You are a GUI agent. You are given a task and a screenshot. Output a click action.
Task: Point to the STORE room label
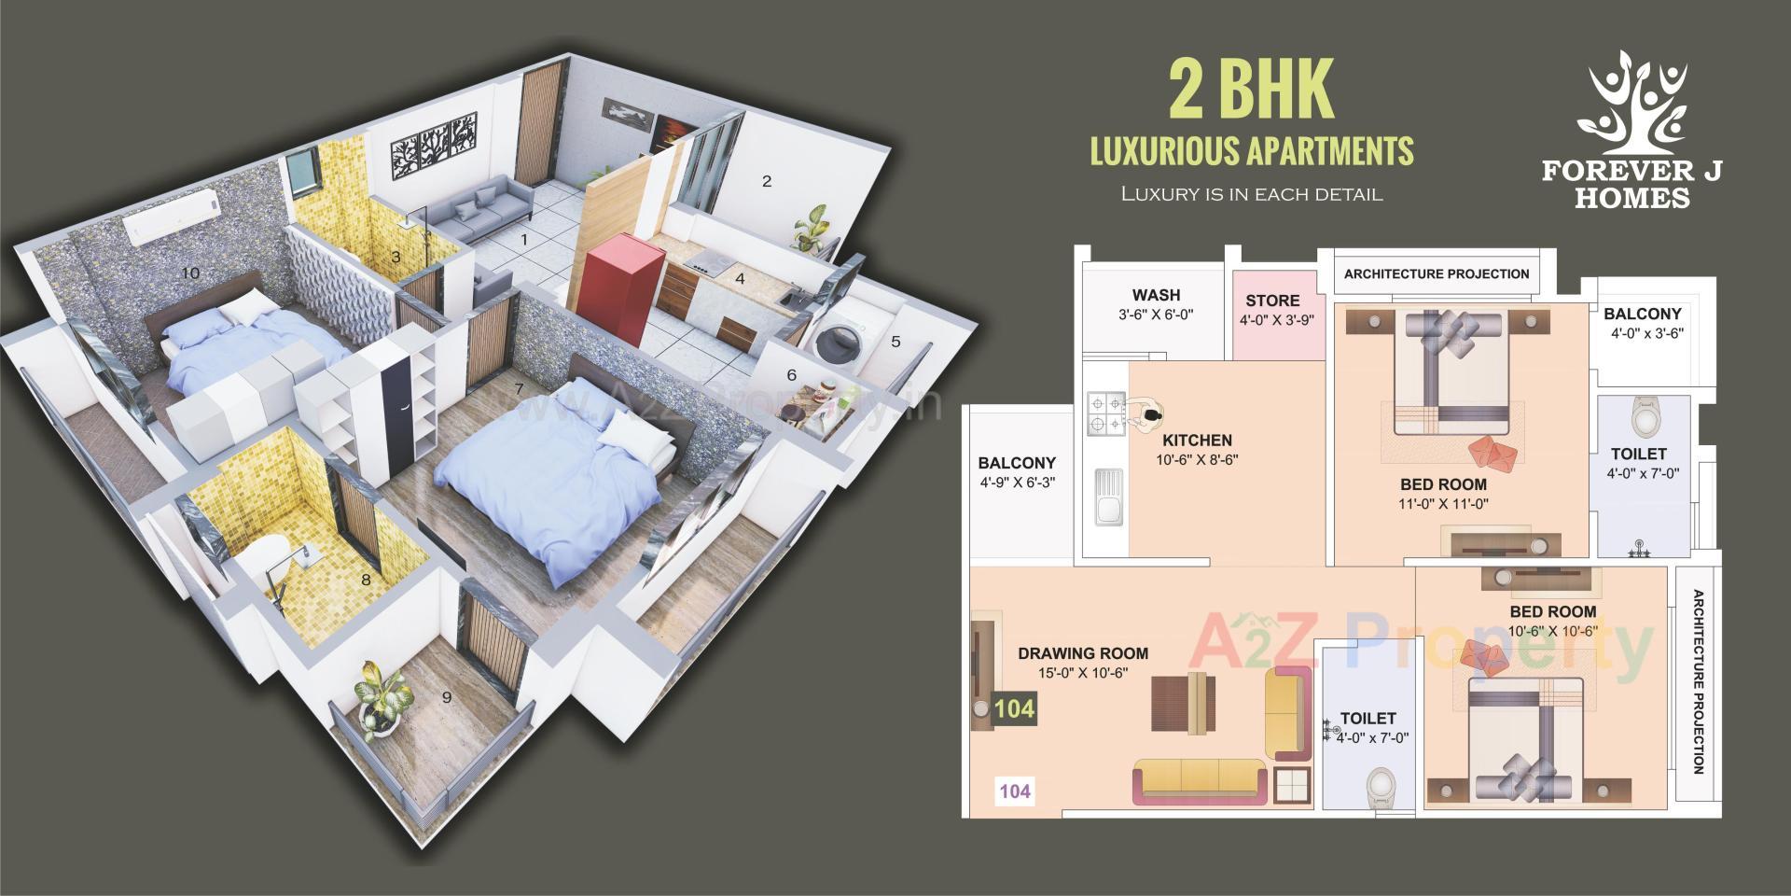click(x=1272, y=301)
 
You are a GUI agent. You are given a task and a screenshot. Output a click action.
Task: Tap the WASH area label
click(x=1156, y=295)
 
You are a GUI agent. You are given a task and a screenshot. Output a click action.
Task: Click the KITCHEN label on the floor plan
click(x=1197, y=440)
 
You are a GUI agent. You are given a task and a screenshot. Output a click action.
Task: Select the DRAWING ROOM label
click(x=1082, y=653)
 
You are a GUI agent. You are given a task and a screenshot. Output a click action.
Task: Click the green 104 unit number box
click(x=1014, y=708)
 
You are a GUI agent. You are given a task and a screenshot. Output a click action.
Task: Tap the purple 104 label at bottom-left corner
click(x=1015, y=791)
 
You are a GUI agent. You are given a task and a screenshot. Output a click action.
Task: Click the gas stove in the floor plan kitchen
click(x=1106, y=414)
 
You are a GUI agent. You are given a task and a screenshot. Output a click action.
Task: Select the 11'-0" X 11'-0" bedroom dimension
click(x=1443, y=504)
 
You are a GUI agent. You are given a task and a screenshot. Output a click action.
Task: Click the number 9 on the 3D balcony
click(x=447, y=697)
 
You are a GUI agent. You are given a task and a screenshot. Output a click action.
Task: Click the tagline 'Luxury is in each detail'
click(x=1251, y=195)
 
